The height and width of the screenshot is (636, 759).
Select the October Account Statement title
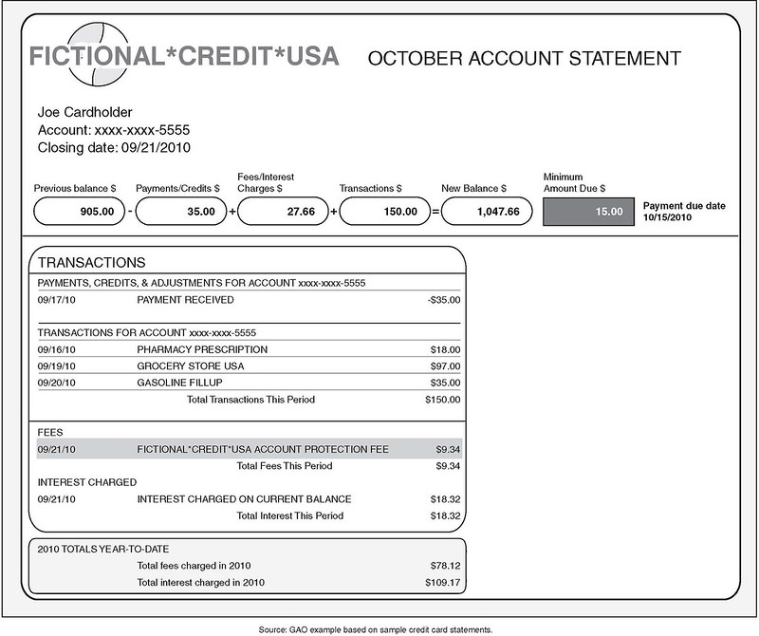(x=525, y=58)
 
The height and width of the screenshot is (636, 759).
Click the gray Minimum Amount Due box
(x=584, y=211)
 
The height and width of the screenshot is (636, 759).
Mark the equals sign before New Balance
(x=435, y=211)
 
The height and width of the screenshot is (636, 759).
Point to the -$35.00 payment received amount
(x=443, y=300)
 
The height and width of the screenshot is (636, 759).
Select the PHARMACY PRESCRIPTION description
(x=202, y=349)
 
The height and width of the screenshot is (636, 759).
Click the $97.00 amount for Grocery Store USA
(x=445, y=366)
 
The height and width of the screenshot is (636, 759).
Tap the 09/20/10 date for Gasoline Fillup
(x=55, y=383)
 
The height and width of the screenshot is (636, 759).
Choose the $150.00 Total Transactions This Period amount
(x=442, y=400)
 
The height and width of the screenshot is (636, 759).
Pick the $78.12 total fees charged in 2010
(x=444, y=565)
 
